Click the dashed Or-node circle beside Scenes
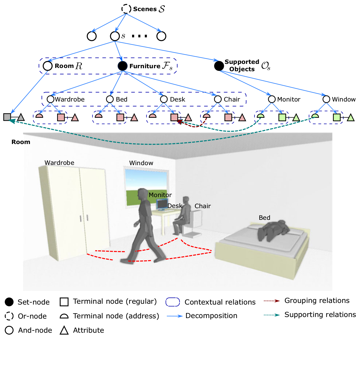(126, 9)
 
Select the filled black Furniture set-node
(123, 66)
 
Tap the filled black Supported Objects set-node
(219, 66)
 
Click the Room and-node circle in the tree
(48, 66)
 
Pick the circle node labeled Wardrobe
(50, 99)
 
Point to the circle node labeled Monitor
(272, 99)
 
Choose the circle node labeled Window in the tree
(326, 99)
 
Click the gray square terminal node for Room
(7, 117)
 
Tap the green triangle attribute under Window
(351, 118)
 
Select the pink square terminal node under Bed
(120, 117)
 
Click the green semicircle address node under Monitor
(260, 116)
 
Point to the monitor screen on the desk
(162, 204)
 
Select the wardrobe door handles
(84, 218)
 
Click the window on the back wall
(146, 187)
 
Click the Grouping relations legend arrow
(271, 301)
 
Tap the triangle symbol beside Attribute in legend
(64, 331)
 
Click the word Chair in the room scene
(202, 206)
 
